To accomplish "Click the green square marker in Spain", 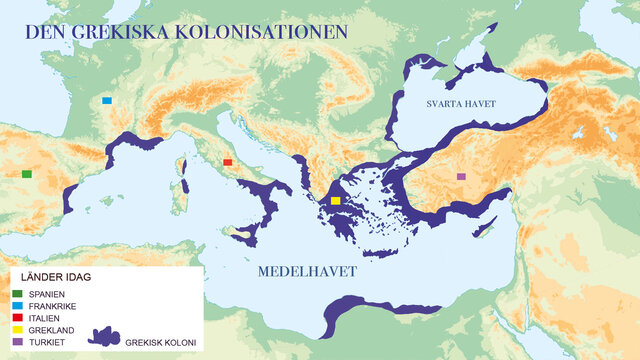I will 26,174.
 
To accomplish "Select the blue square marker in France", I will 107,100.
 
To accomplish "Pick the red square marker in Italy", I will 228,161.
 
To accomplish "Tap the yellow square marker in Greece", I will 336,201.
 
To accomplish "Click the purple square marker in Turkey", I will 460,177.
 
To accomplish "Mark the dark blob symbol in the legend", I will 104,337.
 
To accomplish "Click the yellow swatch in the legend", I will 18,329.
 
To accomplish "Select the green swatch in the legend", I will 18,294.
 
